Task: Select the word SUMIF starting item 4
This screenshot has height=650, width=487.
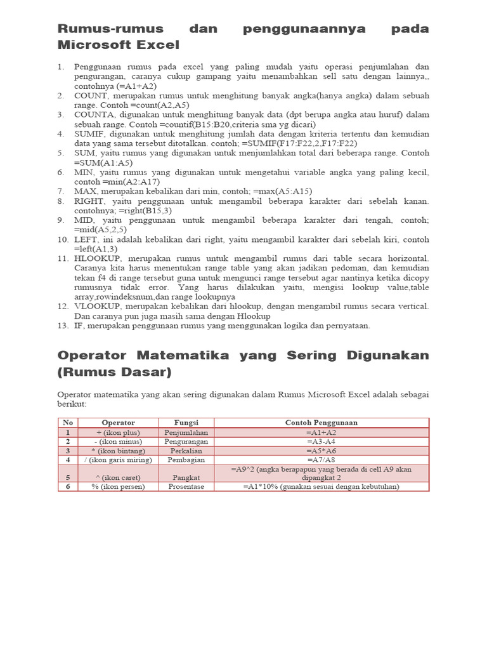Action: [89, 134]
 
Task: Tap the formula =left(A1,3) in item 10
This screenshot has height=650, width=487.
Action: [96, 249]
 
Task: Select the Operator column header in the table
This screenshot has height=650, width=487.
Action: [118, 423]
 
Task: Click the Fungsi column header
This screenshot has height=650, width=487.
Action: [186, 423]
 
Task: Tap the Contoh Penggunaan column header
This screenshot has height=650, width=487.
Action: [321, 423]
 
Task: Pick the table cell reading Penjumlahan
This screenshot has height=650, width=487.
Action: [186, 432]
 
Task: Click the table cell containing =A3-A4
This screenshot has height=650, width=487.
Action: [321, 441]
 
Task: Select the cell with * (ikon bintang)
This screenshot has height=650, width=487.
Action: [118, 450]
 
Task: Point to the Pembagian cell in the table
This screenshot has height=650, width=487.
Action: [186, 460]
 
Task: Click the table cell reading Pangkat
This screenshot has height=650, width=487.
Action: [186, 477]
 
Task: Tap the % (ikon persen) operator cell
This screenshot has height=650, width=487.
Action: [118, 487]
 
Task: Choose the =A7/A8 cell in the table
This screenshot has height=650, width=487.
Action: [321, 460]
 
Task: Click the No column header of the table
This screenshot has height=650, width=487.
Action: [68, 423]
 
